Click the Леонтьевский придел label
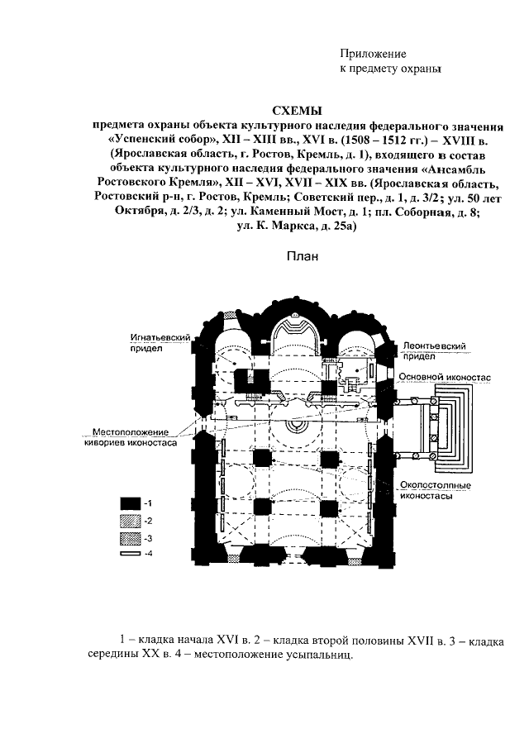click(x=430, y=348)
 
